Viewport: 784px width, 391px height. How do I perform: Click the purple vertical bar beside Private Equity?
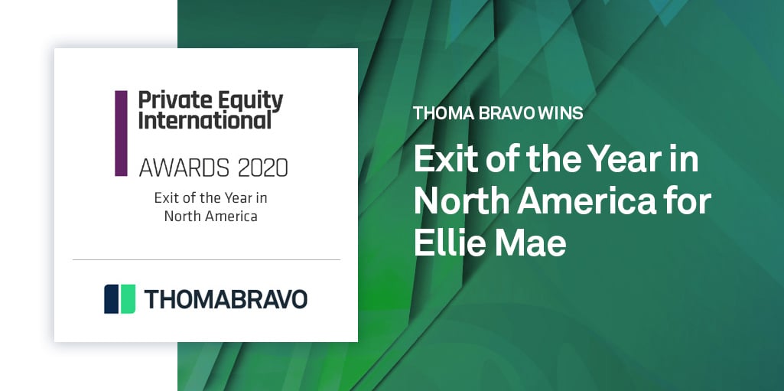click(121, 133)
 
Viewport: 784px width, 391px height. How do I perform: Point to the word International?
click(204, 120)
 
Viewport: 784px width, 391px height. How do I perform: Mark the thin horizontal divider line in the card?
click(206, 260)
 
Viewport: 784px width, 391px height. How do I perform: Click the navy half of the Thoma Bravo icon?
click(112, 299)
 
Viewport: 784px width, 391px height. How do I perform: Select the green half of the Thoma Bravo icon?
click(127, 299)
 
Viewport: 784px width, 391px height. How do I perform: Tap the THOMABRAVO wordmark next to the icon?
click(226, 299)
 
